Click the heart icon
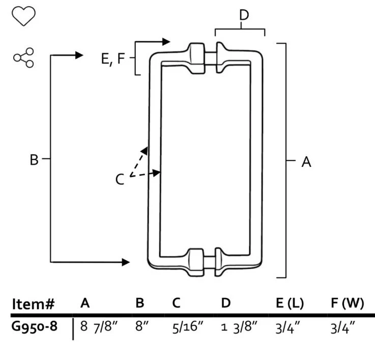click(23, 16)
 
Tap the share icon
click(23, 57)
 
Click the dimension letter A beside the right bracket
click(306, 162)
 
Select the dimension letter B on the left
click(34, 160)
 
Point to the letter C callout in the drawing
click(120, 179)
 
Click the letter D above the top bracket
click(244, 15)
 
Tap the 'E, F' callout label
click(113, 58)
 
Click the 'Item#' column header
click(33, 304)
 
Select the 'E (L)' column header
click(290, 303)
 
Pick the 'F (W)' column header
click(347, 303)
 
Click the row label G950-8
click(35, 326)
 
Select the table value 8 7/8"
click(99, 326)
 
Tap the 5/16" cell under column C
click(188, 327)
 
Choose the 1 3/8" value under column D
click(239, 327)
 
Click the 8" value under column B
click(142, 326)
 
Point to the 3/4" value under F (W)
click(343, 327)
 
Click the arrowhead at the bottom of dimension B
click(126, 262)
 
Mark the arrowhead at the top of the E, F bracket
click(166, 42)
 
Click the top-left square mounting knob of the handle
click(197, 58)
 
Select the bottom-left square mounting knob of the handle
click(196, 262)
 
